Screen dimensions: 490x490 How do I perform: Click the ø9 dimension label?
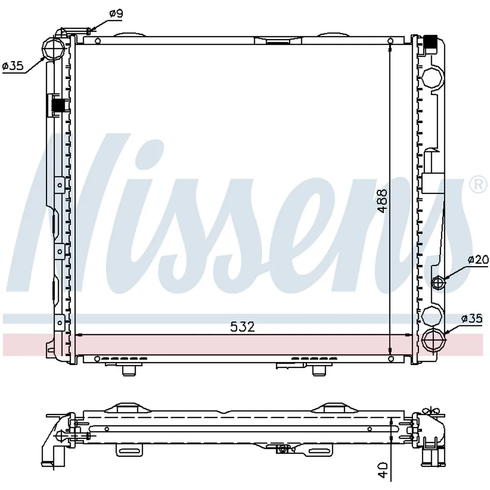pyautogui.click(x=116, y=13)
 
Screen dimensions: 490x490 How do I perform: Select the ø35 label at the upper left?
pyautogui.click(x=13, y=66)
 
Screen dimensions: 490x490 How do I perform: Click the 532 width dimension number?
pyautogui.click(x=243, y=327)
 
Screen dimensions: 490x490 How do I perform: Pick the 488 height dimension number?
pyautogui.click(x=382, y=201)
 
